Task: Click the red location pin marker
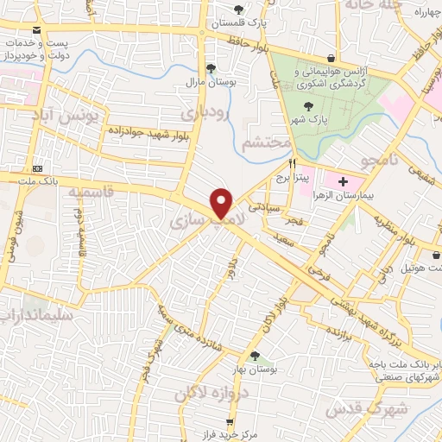point(222,202)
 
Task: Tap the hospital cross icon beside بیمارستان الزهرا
point(344,182)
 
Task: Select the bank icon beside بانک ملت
point(37,167)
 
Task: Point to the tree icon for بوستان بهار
point(254,356)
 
